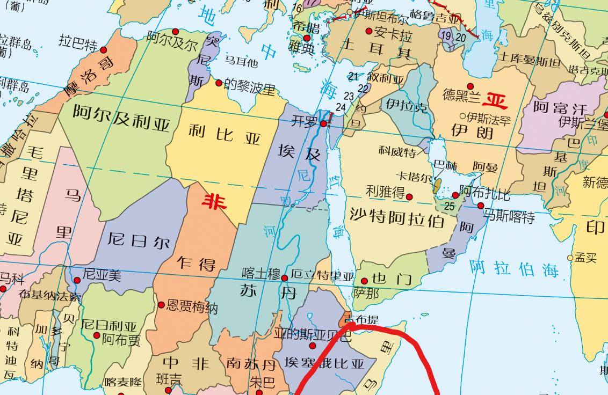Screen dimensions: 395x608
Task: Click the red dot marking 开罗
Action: pyautogui.click(x=323, y=124)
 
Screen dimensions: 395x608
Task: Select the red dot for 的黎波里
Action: pyautogui.click(x=219, y=83)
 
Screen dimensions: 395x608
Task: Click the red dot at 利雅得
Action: pyautogui.click(x=409, y=197)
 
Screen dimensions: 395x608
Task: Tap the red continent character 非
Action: pyautogui.click(x=214, y=201)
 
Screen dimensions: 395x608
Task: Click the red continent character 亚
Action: pyautogui.click(x=494, y=100)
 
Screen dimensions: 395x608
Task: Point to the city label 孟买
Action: pyautogui.click(x=586, y=258)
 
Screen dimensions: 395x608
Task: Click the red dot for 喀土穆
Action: pyautogui.click(x=284, y=278)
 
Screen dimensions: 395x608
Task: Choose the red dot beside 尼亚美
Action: pyautogui.click(x=77, y=280)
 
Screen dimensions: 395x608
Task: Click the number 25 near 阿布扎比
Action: pyautogui.click(x=450, y=205)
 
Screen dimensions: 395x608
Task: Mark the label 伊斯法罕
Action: pyautogui.click(x=489, y=116)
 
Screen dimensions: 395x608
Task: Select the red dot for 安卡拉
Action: pyautogui.click(x=368, y=31)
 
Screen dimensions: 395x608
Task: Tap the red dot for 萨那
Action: pyautogui.click(x=364, y=281)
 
